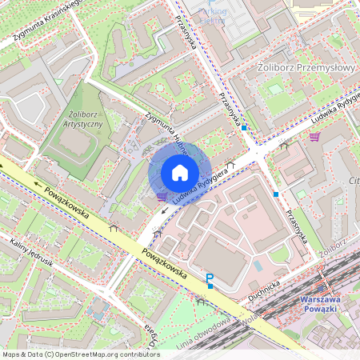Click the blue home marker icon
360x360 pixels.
(180, 173)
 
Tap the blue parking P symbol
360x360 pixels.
(210, 278)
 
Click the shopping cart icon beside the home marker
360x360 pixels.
(162, 196)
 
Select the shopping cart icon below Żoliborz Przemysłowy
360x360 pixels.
(314, 137)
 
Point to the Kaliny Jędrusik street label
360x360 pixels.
(31, 251)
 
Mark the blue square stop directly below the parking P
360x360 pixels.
(210, 286)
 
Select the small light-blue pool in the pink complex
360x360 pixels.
(258, 265)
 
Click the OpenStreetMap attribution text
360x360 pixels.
(80, 354)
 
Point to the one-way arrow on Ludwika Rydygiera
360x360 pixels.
(166, 210)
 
